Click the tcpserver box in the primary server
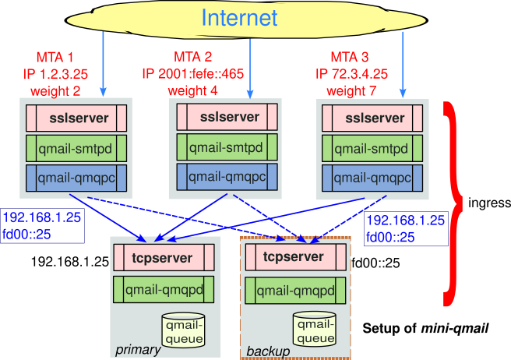pyautogui.click(x=163, y=256)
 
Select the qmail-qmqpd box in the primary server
pyautogui.click(x=163, y=290)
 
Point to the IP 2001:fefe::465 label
pyautogui.click(x=193, y=74)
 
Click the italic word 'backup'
pyautogui.click(x=268, y=352)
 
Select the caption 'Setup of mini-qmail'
pyautogui.click(x=425, y=328)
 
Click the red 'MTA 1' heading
pyautogui.click(x=55, y=57)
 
